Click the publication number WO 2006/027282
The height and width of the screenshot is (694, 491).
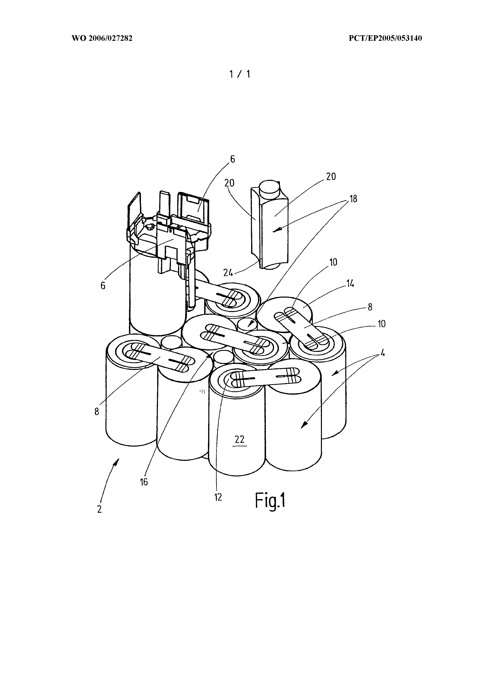(x=102, y=39)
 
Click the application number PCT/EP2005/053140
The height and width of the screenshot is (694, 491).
(x=385, y=39)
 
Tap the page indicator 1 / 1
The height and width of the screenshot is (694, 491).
(x=240, y=74)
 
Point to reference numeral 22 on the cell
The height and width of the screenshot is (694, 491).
(x=239, y=439)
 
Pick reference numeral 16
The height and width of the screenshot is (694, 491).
(x=144, y=482)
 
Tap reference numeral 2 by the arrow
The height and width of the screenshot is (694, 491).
(x=99, y=509)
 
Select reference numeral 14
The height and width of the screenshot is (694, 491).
(x=350, y=284)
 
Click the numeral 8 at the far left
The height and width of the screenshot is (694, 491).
(x=97, y=412)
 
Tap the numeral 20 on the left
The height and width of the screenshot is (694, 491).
(x=229, y=183)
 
